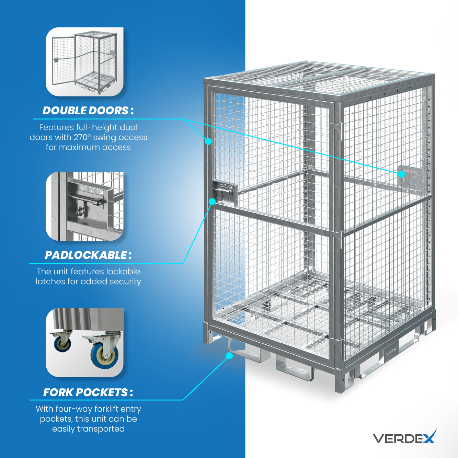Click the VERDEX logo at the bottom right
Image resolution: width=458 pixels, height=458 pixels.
404,437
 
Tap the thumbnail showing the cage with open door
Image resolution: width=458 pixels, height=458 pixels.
85,62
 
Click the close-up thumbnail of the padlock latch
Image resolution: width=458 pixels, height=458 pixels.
85,206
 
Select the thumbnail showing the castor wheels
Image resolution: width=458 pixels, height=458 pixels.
85,343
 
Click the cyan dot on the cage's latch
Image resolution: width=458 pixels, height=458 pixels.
212,202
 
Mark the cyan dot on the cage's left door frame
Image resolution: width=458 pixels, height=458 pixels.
208,141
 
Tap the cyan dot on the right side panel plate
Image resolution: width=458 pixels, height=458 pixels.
401,174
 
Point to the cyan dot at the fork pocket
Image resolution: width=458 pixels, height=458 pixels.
229,356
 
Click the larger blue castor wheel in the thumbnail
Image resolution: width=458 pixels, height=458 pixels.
104,355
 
